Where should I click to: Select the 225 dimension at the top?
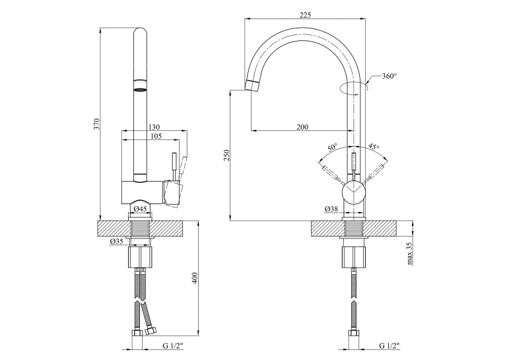(x=305, y=15)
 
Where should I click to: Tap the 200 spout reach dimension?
(x=302, y=127)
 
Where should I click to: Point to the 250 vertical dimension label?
(x=226, y=155)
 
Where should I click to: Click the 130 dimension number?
(x=154, y=127)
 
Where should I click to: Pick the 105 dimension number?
(x=156, y=136)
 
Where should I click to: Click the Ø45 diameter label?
(x=140, y=209)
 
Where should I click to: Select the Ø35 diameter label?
(x=117, y=241)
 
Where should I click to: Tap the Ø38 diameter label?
(x=331, y=209)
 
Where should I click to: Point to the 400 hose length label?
(x=195, y=278)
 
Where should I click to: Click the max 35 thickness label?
(x=410, y=254)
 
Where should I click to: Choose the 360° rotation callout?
(x=389, y=76)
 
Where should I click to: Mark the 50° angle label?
(x=332, y=147)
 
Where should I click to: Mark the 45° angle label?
(x=374, y=146)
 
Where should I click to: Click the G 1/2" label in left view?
(x=173, y=346)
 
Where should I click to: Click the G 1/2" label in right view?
(x=389, y=346)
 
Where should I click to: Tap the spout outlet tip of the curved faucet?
(x=252, y=85)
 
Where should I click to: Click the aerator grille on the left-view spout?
(x=140, y=89)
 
